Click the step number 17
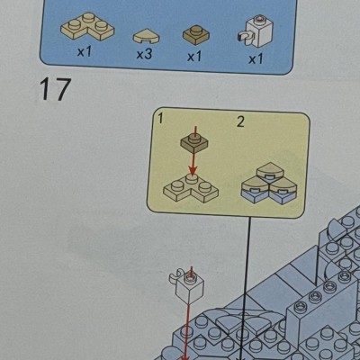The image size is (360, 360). coord(55,89)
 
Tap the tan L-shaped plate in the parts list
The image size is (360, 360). coord(87,27)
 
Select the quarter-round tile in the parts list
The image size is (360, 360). coord(146,37)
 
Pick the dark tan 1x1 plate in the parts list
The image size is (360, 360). coord(196,35)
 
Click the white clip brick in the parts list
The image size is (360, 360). coord(256,31)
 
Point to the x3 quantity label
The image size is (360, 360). coord(144,54)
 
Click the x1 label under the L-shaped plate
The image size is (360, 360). coord(84,52)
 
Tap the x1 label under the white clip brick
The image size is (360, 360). coord(256,59)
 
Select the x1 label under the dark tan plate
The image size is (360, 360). coord(194,56)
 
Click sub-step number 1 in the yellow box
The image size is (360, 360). coord(160,119)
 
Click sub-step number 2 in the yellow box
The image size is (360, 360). coord(240,121)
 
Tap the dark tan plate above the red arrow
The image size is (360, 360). coord(194,142)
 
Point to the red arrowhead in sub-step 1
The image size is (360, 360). coord(193,169)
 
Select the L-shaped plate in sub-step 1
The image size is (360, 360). coord(191,189)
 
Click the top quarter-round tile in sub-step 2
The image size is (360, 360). coord(270,171)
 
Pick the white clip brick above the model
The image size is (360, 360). coord(187,286)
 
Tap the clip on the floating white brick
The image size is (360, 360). coord(175,276)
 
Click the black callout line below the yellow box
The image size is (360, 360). coord(246,287)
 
